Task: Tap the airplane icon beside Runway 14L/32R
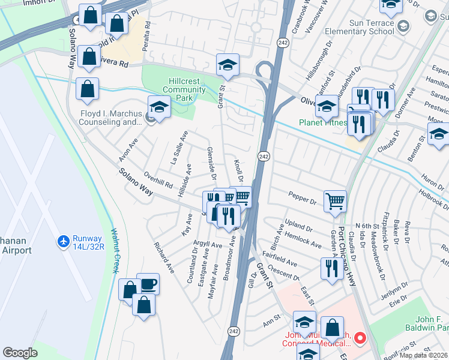tap(62, 241)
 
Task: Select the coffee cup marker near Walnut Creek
tap(148, 284)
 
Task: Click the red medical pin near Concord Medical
tap(360, 338)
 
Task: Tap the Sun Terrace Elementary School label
tap(358, 26)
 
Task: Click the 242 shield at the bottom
tap(234, 331)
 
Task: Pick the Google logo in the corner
tap(20, 353)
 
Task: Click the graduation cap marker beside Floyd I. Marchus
tap(159, 107)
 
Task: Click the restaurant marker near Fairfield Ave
tap(332, 269)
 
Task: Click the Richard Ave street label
tap(163, 258)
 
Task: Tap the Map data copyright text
tap(423, 355)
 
